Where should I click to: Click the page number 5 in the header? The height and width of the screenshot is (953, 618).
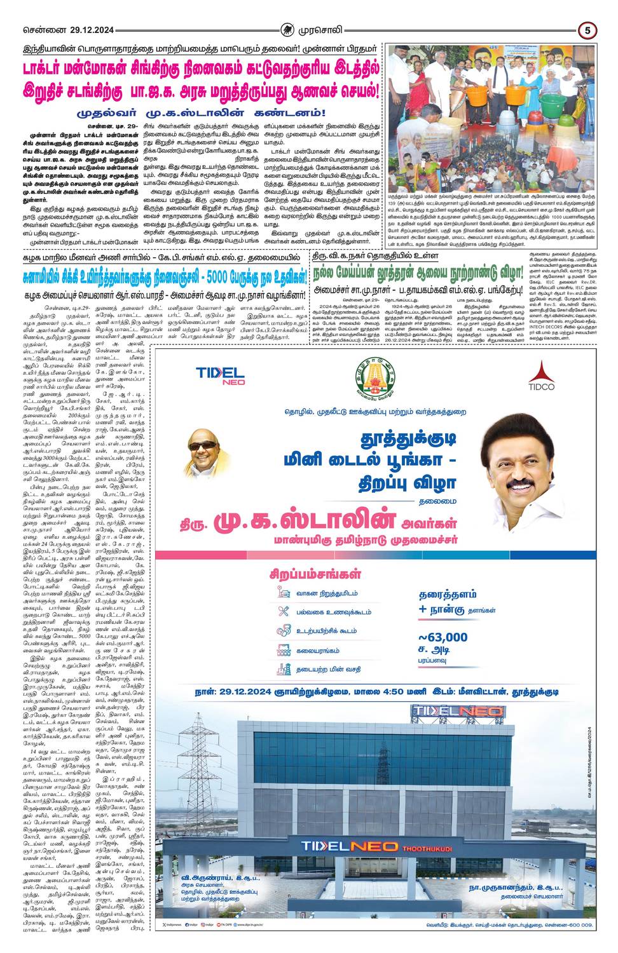588,29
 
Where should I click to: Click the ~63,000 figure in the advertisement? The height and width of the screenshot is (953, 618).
443,637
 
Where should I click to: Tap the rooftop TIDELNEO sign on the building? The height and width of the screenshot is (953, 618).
457,711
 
